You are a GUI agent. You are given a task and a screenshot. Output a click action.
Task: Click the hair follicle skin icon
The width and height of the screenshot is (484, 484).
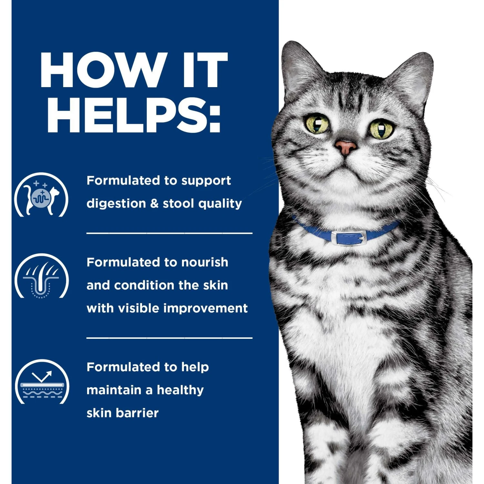41,277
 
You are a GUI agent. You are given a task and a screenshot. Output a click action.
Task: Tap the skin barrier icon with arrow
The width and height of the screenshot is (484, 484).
42,383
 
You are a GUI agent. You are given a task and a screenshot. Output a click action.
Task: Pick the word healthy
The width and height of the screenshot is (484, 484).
180,390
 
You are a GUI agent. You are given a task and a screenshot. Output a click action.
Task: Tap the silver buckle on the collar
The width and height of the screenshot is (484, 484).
348,238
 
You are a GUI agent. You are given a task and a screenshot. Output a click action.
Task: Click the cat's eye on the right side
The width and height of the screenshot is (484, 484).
381,129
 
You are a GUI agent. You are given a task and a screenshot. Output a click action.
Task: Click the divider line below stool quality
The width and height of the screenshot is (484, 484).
169,233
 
